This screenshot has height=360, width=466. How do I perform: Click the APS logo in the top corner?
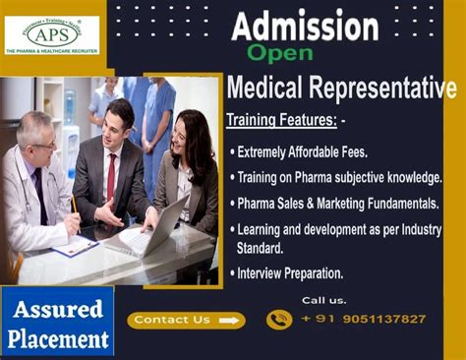[x=51, y=33]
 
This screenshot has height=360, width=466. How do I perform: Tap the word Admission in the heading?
[x=305, y=25]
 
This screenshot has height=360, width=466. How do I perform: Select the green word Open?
[x=280, y=52]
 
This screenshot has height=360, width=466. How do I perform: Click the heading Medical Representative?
[x=341, y=89]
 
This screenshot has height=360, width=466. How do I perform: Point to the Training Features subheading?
[x=281, y=120]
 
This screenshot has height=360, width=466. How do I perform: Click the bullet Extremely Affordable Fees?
[x=303, y=152]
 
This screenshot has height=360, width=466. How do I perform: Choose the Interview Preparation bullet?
[x=290, y=273]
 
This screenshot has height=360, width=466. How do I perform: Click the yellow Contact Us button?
[x=186, y=320]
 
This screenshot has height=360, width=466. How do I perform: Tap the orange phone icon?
[x=279, y=319]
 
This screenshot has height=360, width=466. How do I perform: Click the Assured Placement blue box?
[x=57, y=322]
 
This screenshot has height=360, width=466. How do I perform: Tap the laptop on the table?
[x=157, y=228]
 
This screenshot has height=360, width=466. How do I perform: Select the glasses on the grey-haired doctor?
[x=42, y=144]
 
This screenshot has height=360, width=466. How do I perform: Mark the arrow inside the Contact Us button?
[x=229, y=320]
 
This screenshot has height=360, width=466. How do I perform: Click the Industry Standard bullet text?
[x=339, y=237]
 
